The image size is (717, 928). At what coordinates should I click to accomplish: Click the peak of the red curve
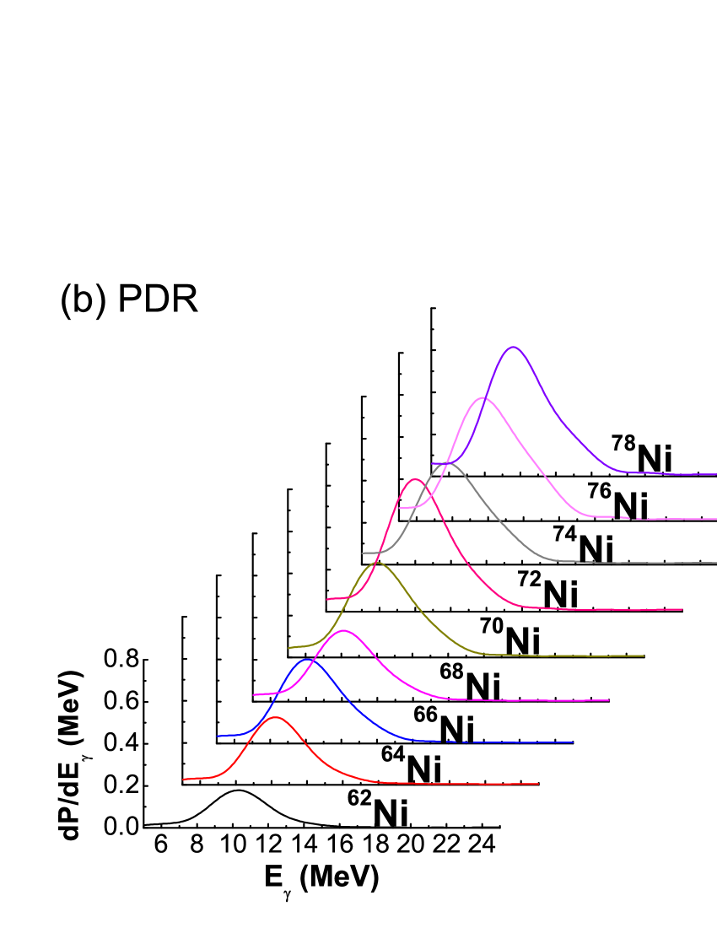275,717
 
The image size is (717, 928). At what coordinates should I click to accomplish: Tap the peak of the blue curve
307,660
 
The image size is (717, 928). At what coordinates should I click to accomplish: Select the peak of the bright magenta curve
342,630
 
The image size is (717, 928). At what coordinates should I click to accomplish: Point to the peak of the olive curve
377,562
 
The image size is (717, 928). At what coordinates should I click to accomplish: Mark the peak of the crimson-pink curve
414,479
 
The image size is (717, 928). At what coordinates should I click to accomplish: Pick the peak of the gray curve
447,462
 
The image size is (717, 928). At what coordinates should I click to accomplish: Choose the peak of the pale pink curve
482,397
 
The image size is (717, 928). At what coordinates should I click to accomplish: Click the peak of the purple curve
513,347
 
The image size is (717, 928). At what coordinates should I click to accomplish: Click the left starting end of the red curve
184,780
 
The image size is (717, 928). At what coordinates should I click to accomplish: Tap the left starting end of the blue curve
218,736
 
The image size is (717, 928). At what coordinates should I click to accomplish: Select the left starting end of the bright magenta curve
254,695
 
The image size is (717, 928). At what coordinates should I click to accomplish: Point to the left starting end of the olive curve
289,648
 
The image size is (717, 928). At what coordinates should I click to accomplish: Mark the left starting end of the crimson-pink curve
327,599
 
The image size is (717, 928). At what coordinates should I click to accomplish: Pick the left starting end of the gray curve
363,553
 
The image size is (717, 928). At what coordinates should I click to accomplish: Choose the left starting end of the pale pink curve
399,508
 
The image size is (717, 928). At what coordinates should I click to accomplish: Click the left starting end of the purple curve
433,463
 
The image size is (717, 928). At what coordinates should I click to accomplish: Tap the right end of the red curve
538,784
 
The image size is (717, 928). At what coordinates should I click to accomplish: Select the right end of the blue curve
573,742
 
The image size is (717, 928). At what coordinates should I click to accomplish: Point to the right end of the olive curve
644,656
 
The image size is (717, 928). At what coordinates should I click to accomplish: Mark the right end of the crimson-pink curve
682,609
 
